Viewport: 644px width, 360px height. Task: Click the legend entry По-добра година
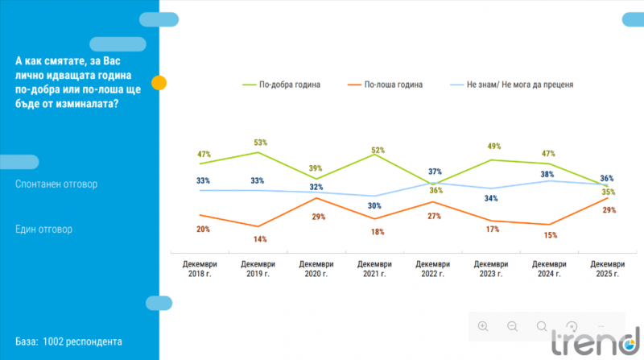287,84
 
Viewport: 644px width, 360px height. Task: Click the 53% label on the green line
258,142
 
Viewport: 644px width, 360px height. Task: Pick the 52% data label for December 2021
377,150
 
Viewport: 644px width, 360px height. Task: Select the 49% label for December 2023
493,146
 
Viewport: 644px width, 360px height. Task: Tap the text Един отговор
43,229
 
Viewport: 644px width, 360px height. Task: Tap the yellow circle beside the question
159,82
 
